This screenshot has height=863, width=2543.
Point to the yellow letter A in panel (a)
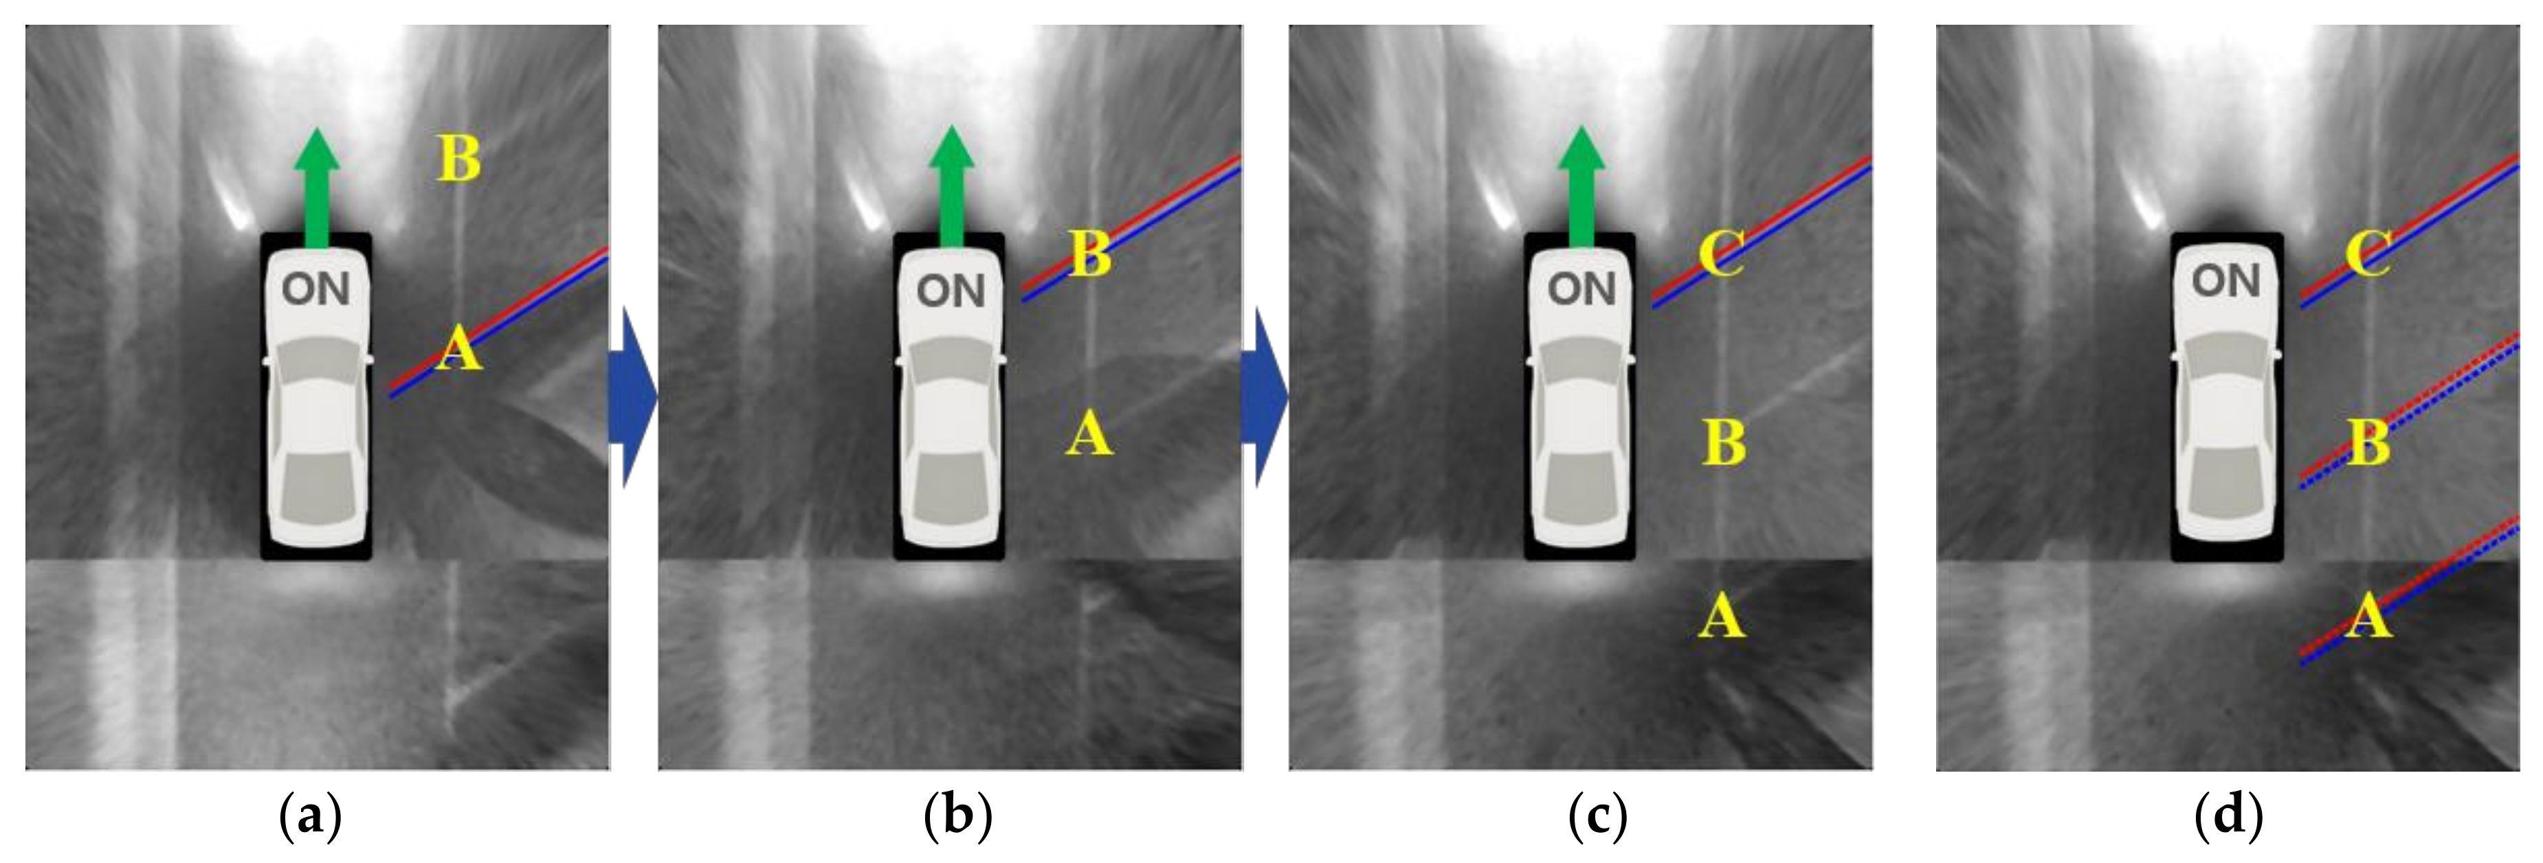point(459,350)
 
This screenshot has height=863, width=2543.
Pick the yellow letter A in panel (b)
point(1089,434)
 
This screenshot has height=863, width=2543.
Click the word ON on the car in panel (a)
point(316,289)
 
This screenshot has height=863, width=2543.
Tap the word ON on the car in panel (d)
point(2225,282)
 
